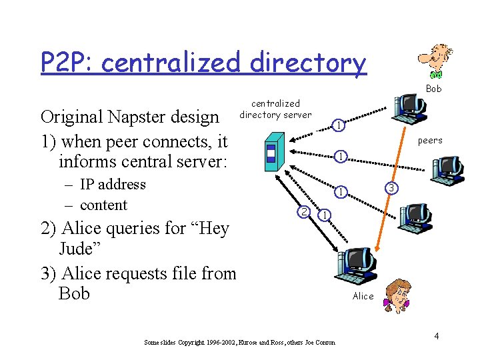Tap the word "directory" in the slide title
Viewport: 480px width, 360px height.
(x=308, y=63)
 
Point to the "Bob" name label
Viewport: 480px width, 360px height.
(x=433, y=89)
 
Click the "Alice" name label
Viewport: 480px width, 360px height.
(x=363, y=296)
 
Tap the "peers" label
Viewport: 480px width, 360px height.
(x=430, y=141)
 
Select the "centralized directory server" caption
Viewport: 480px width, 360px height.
(x=275, y=109)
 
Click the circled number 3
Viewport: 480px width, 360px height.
(x=393, y=190)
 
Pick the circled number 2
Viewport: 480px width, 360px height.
(x=303, y=212)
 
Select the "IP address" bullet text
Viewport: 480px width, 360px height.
(x=112, y=185)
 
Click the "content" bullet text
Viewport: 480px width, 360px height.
(x=103, y=205)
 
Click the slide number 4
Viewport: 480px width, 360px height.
(x=436, y=336)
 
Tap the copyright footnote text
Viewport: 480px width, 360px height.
(x=239, y=343)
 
